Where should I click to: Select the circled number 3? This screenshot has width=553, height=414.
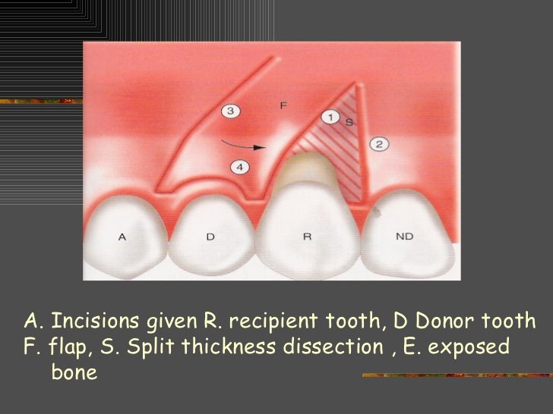232,111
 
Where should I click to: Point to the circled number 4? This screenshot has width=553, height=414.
237,166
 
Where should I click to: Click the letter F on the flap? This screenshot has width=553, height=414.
283,105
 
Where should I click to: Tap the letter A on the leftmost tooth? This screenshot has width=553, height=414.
122,237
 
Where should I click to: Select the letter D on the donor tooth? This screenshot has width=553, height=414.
210,237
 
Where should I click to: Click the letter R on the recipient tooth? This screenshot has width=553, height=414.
307,237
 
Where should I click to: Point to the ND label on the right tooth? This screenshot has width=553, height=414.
403,237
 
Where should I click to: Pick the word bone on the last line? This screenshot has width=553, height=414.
74,374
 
